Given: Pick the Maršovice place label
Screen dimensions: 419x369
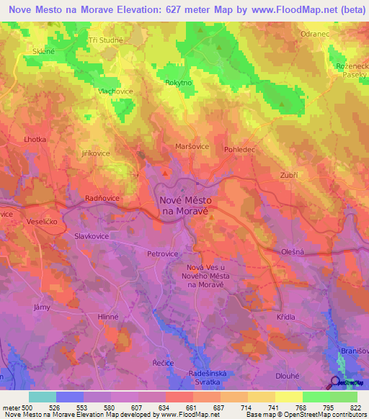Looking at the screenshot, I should (192, 146).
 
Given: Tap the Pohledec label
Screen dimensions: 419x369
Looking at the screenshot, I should (241, 150).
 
